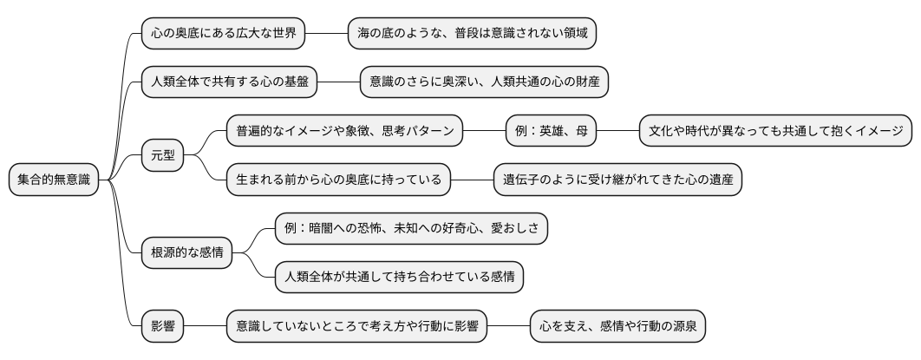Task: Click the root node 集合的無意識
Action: coord(53,180)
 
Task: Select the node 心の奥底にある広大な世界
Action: coord(223,34)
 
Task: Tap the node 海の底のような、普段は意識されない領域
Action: coord(473,34)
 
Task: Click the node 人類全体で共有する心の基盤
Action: coord(229,82)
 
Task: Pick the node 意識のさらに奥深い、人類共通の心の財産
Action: coord(485,82)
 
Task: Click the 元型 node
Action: coord(162,156)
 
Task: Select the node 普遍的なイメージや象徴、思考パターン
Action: coord(344,132)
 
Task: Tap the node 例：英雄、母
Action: coord(551,132)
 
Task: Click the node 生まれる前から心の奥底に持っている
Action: coord(338,180)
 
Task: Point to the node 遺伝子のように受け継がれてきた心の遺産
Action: coord(617,180)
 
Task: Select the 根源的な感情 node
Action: coord(186,253)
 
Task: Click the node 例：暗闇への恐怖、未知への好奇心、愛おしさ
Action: coord(411,229)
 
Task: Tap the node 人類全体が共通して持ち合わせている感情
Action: coord(399,278)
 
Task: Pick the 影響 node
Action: coord(162,327)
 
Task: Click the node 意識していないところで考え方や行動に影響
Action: coord(356,327)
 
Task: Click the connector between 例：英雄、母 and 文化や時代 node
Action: coord(617,132)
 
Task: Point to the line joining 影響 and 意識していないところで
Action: coord(205,327)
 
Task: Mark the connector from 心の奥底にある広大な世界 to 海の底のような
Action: coord(326,34)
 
